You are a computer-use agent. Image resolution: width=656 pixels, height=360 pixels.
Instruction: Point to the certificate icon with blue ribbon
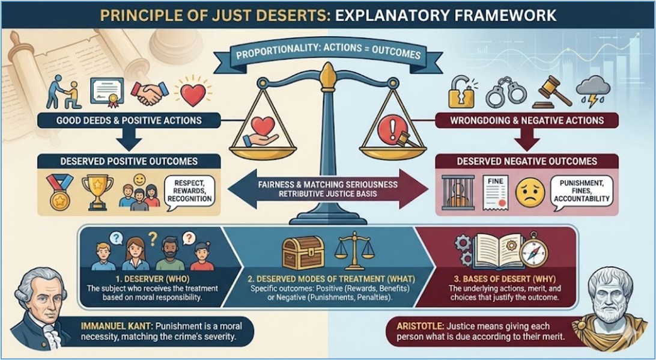coord(106,91)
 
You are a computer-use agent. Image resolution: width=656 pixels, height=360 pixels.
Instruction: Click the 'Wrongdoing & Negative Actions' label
coord(528,121)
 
